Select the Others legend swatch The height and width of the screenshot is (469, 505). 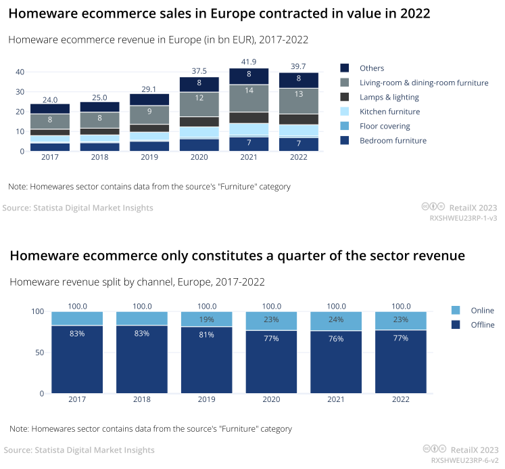point(345,68)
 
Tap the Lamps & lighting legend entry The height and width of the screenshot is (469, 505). point(389,97)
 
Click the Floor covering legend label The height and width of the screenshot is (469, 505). point(385,127)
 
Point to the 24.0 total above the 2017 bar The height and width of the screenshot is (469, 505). point(50,99)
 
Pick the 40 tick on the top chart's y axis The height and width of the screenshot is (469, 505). point(20,72)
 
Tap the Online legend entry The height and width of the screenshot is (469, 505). point(482,311)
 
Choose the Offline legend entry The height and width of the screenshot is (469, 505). point(483,325)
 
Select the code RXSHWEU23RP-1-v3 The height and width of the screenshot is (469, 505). point(464,219)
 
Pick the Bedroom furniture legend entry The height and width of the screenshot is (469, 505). point(393,141)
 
